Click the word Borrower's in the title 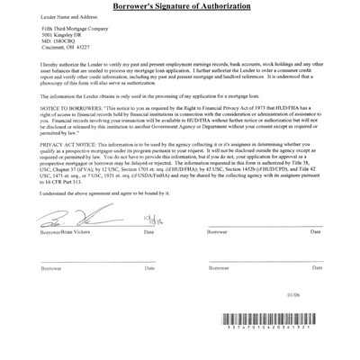click(x=139, y=6)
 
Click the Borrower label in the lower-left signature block click(x=51, y=268)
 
